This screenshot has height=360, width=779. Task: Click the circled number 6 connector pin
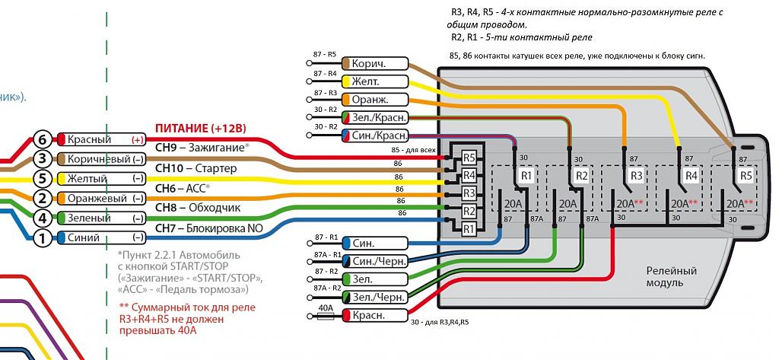point(43,140)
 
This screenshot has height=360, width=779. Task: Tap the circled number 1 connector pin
point(43,238)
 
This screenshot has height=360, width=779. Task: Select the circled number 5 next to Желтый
point(43,179)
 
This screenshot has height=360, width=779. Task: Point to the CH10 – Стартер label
point(196,167)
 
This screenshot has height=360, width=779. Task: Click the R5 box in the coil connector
point(469,158)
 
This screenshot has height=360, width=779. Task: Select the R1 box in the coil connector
point(469,228)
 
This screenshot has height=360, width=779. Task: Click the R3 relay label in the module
point(635,176)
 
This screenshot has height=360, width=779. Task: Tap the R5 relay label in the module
point(745,176)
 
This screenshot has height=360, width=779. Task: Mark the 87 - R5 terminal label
point(324,56)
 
